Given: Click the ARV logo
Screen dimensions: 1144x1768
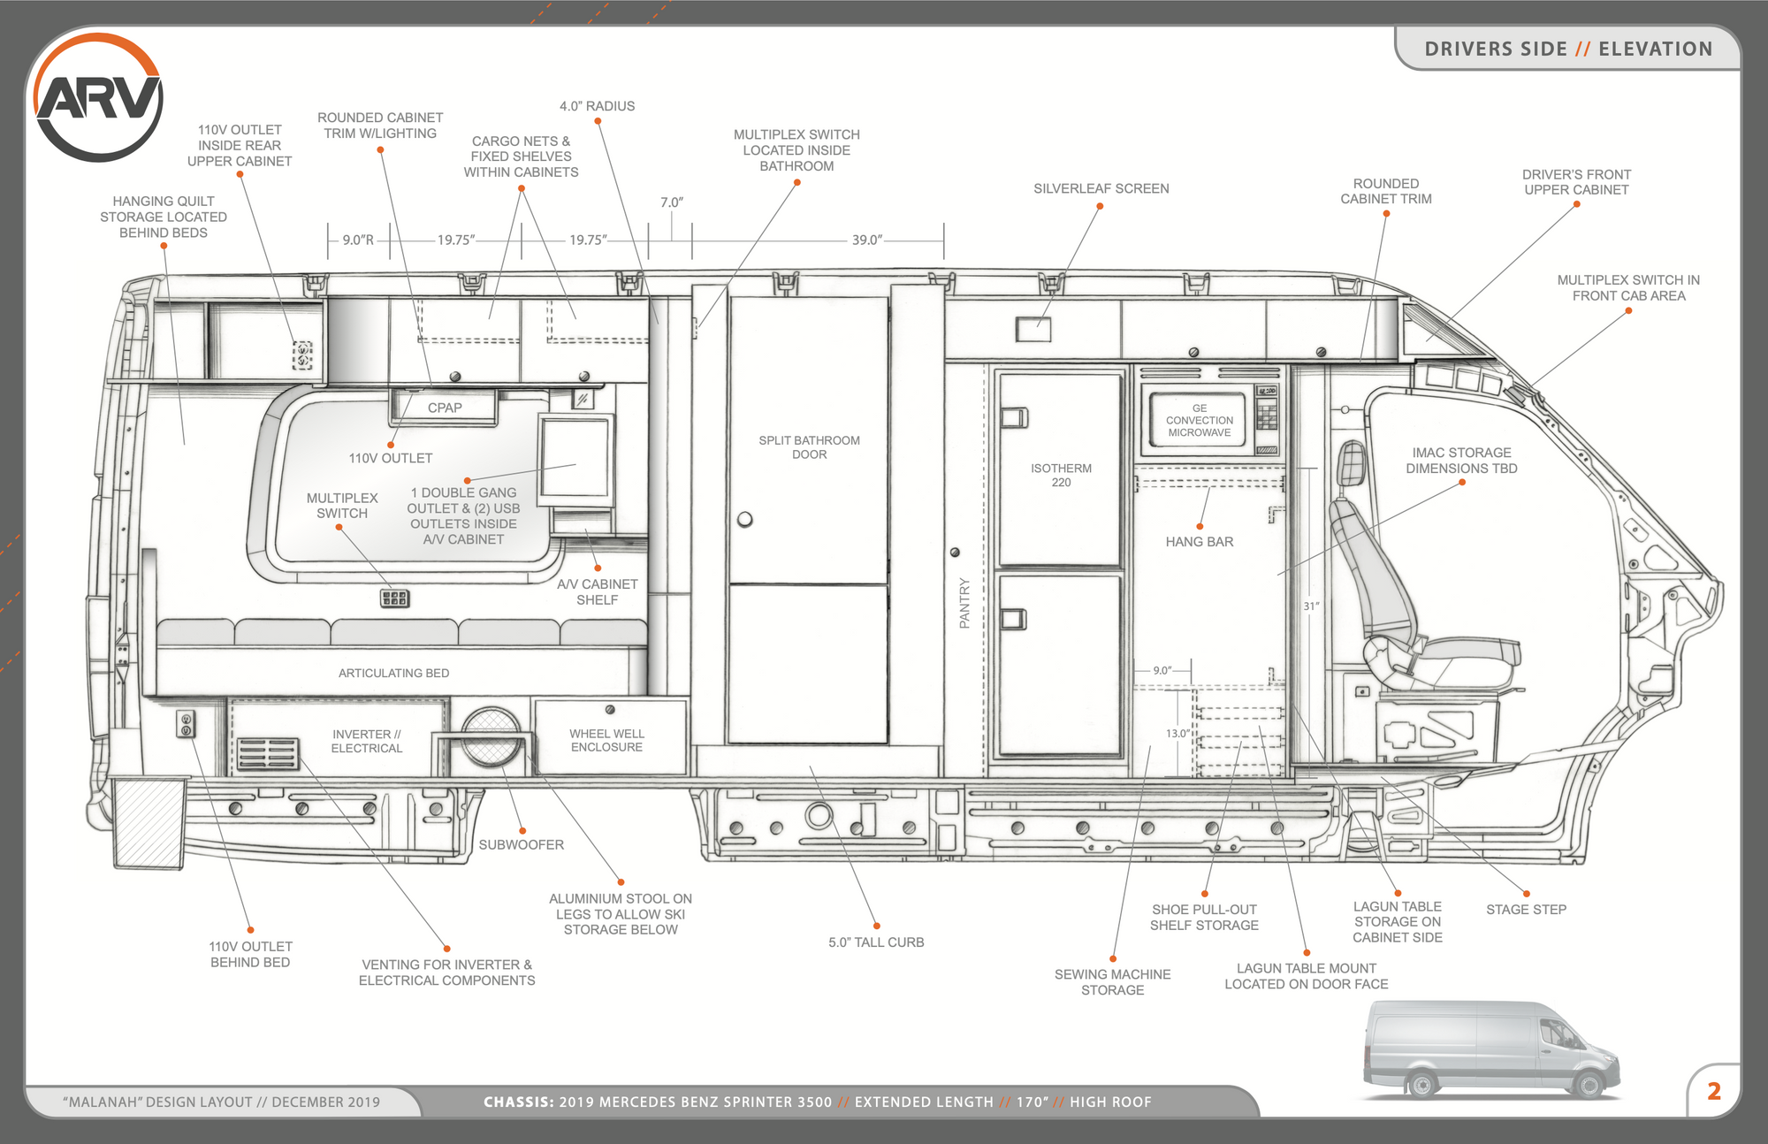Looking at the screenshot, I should (98, 97).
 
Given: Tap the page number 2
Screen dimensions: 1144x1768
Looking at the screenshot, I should (1713, 1091).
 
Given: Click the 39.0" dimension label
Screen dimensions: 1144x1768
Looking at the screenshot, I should (866, 240).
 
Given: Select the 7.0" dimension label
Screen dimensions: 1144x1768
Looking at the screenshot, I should (672, 202).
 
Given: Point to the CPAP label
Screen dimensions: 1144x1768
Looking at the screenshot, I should (445, 408).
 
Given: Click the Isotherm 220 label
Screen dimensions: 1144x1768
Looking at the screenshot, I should (1061, 475).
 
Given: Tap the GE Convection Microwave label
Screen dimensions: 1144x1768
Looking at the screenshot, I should (1199, 420).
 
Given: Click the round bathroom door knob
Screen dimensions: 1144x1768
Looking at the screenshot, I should (745, 519).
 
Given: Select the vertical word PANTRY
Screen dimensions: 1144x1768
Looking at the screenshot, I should (964, 603).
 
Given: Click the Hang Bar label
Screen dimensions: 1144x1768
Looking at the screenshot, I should (1199, 542).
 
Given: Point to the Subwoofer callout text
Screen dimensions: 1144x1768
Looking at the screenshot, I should (521, 845).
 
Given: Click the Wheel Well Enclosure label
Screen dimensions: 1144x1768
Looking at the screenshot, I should (606, 740).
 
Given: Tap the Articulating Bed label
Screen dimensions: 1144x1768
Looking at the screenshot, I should (393, 673).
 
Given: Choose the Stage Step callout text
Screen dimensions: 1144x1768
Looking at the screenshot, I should (1526, 910).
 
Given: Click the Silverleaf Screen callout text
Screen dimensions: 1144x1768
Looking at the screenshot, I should (1101, 188).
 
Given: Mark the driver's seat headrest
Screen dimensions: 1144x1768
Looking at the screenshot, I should (1353, 462).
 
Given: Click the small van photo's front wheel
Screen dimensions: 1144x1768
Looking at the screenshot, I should (1588, 1083).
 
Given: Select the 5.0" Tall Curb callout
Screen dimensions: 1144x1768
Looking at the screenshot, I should (876, 942).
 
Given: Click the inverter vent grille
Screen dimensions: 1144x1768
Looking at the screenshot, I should (268, 753).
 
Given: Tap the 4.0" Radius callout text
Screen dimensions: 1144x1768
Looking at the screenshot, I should (597, 106).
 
